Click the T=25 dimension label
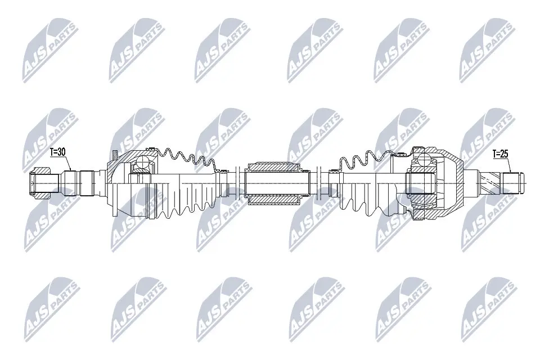tap(501, 153)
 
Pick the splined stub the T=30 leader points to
tap(72, 181)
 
